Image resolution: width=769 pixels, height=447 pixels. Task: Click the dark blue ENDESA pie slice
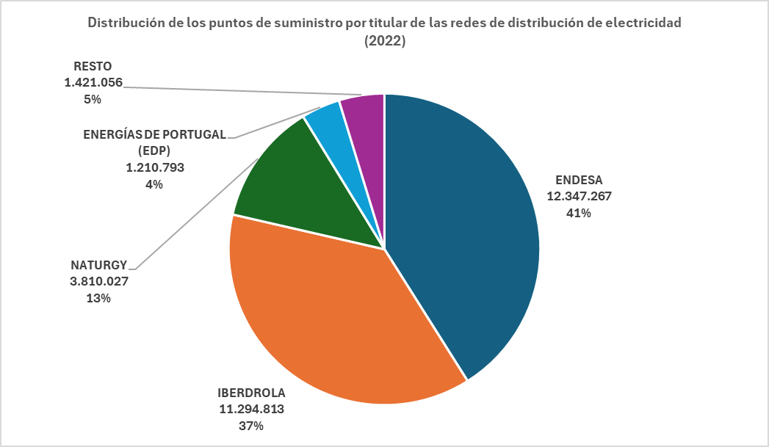click(463, 235)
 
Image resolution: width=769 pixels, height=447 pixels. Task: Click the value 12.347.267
click(579, 196)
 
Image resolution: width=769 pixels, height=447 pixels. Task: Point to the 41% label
click(579, 214)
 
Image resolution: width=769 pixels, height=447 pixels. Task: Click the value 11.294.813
click(251, 409)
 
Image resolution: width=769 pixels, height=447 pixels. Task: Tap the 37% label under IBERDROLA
click(251, 426)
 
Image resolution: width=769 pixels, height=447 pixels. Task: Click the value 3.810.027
click(99, 281)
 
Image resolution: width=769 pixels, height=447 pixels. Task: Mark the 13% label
click(99, 298)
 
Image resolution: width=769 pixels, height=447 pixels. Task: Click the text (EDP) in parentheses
click(154, 150)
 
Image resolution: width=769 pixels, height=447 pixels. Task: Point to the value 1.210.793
click(154, 167)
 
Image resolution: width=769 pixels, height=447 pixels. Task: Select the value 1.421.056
click(93, 83)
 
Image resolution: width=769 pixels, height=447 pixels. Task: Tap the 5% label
click(93, 100)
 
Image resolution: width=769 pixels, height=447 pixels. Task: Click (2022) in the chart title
click(385, 42)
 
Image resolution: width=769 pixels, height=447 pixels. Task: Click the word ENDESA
click(579, 179)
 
